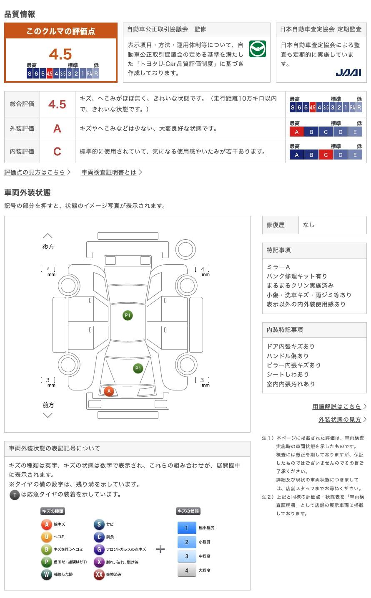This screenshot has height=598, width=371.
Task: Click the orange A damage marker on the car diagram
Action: click(109, 391)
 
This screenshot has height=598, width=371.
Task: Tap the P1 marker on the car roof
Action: click(128, 315)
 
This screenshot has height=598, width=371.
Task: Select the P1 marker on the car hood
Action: click(138, 368)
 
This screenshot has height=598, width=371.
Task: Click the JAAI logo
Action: click(348, 73)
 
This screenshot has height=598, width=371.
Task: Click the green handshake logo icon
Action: click(257, 49)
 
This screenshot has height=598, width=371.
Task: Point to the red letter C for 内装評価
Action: click(57, 151)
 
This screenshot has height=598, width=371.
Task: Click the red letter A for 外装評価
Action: click(57, 129)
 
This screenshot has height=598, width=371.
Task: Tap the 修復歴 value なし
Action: click(309, 225)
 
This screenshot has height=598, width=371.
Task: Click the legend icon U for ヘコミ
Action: click(46, 537)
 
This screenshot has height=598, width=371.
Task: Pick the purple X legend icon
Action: click(99, 562)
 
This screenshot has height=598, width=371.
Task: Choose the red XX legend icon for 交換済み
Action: click(99, 575)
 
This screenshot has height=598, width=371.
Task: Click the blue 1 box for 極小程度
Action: click(186, 528)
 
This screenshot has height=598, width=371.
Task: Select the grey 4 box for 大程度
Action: click(186, 570)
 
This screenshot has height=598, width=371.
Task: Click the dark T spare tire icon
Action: click(15, 495)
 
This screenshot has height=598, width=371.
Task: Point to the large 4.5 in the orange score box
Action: click(60, 54)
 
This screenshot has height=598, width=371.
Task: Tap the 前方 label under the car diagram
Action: click(48, 405)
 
